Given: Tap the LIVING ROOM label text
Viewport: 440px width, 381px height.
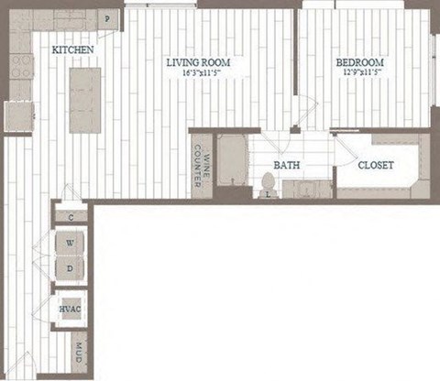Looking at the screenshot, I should [197, 62].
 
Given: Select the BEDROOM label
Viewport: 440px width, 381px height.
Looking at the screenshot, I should [358, 62].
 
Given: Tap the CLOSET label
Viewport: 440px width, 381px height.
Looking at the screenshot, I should [375, 167].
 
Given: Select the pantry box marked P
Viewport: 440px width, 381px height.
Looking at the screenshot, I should [107, 19].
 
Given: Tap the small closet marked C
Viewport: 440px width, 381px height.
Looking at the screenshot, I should [71, 217].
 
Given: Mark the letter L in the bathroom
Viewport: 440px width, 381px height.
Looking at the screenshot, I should [268, 194].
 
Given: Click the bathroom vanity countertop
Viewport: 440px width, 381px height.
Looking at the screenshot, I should [308, 190].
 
